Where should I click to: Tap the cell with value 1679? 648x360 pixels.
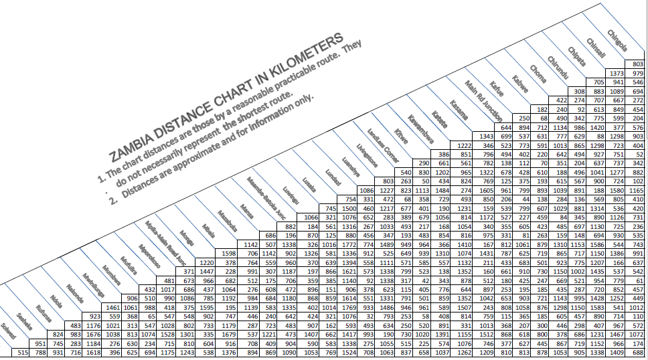point(228,335)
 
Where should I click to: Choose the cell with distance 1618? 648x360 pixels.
point(92,352)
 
